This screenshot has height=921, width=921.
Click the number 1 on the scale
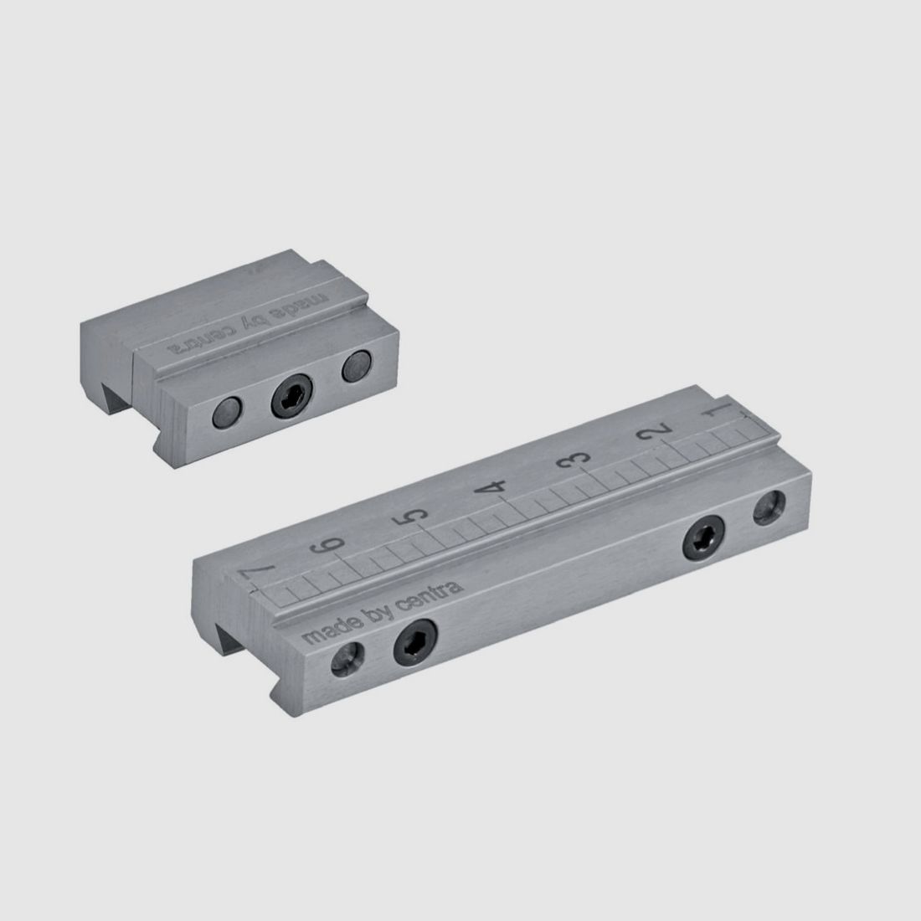[x=720, y=409]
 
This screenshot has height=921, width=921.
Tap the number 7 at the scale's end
[x=255, y=571]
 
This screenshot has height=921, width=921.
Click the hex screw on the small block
[x=292, y=396]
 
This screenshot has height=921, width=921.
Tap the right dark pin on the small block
[x=357, y=367]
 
